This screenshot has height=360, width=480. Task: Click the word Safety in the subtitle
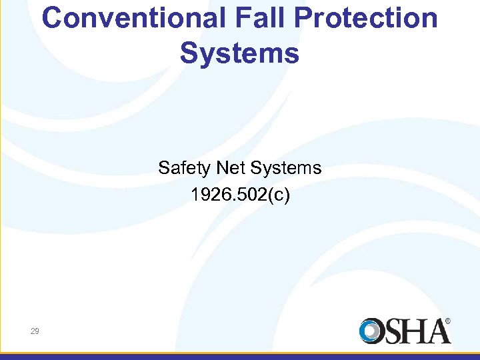tap(181, 168)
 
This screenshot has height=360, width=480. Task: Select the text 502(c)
tap(263, 196)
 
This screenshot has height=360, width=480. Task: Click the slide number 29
tap(34, 331)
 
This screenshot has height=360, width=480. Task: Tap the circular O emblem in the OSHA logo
tap(373, 331)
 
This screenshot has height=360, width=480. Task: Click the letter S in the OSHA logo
tap(396, 331)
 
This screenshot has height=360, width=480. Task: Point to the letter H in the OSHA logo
tap(418, 331)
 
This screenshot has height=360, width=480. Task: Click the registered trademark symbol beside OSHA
tap(447, 321)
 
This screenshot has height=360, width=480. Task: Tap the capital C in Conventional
tap(52, 19)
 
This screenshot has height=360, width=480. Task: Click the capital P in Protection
tap(313, 19)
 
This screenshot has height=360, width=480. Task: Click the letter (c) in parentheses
tap(281, 196)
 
